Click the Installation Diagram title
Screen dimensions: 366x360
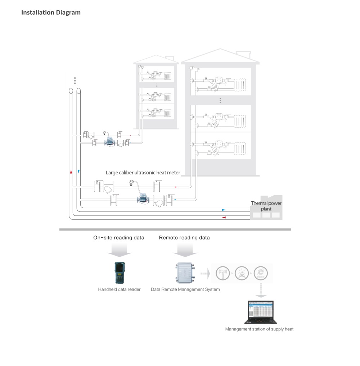coord(51,13)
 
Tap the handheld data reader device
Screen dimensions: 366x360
coord(120,273)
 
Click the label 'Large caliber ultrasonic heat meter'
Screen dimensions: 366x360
coord(143,173)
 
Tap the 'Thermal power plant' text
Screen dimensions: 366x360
coord(266,206)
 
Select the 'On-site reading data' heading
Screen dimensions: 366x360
coord(118,238)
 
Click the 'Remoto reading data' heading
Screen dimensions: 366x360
coord(184,238)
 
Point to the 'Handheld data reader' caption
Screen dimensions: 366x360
coord(119,289)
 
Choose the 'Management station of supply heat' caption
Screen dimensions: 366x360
coord(259,329)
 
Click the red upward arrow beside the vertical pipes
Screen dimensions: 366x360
coord(71,171)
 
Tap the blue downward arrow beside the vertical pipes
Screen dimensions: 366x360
coord(78,171)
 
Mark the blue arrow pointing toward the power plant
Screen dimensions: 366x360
coord(224,209)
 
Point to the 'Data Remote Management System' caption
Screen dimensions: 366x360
coord(185,289)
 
